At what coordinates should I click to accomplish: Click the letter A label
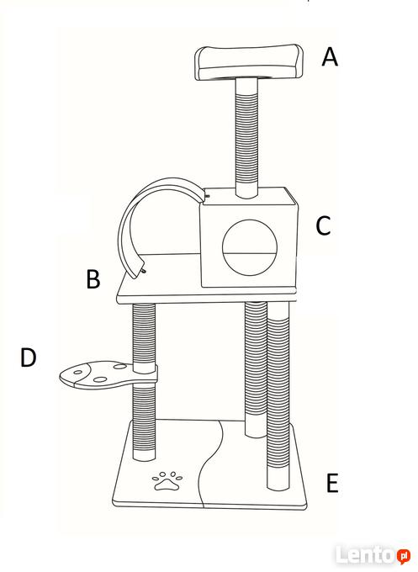coord(330,57)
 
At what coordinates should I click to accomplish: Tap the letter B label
coord(93,279)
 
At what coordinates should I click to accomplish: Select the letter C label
coord(323,225)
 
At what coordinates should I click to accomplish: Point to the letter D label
coord(28,357)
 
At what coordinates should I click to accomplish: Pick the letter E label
coord(332,482)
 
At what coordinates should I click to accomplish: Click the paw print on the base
coord(167,481)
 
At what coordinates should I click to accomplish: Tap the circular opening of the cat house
coord(250,247)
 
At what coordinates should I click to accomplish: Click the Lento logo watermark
coord(373,554)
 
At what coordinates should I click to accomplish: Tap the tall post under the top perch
coord(247,138)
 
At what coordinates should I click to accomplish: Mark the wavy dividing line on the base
coord(211,463)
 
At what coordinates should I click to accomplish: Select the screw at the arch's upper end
coord(207,196)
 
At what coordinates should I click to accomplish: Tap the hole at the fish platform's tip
coord(78,373)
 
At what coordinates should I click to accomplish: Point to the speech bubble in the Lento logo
coord(404,556)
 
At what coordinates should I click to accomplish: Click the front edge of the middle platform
coord(207,299)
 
